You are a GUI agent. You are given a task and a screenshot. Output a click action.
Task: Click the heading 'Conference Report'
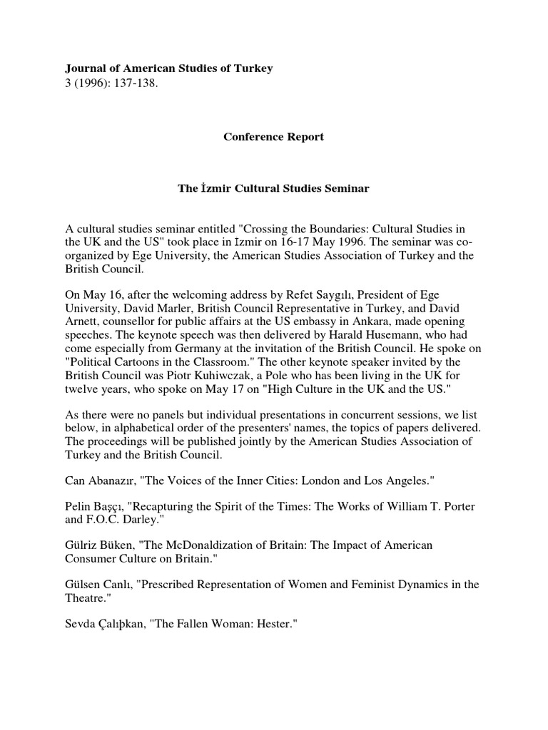coord(274,136)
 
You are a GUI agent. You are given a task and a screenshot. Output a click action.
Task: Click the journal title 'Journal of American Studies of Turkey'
coord(169,68)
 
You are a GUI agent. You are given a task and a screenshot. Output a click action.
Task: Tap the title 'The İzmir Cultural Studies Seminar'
coord(274,190)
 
